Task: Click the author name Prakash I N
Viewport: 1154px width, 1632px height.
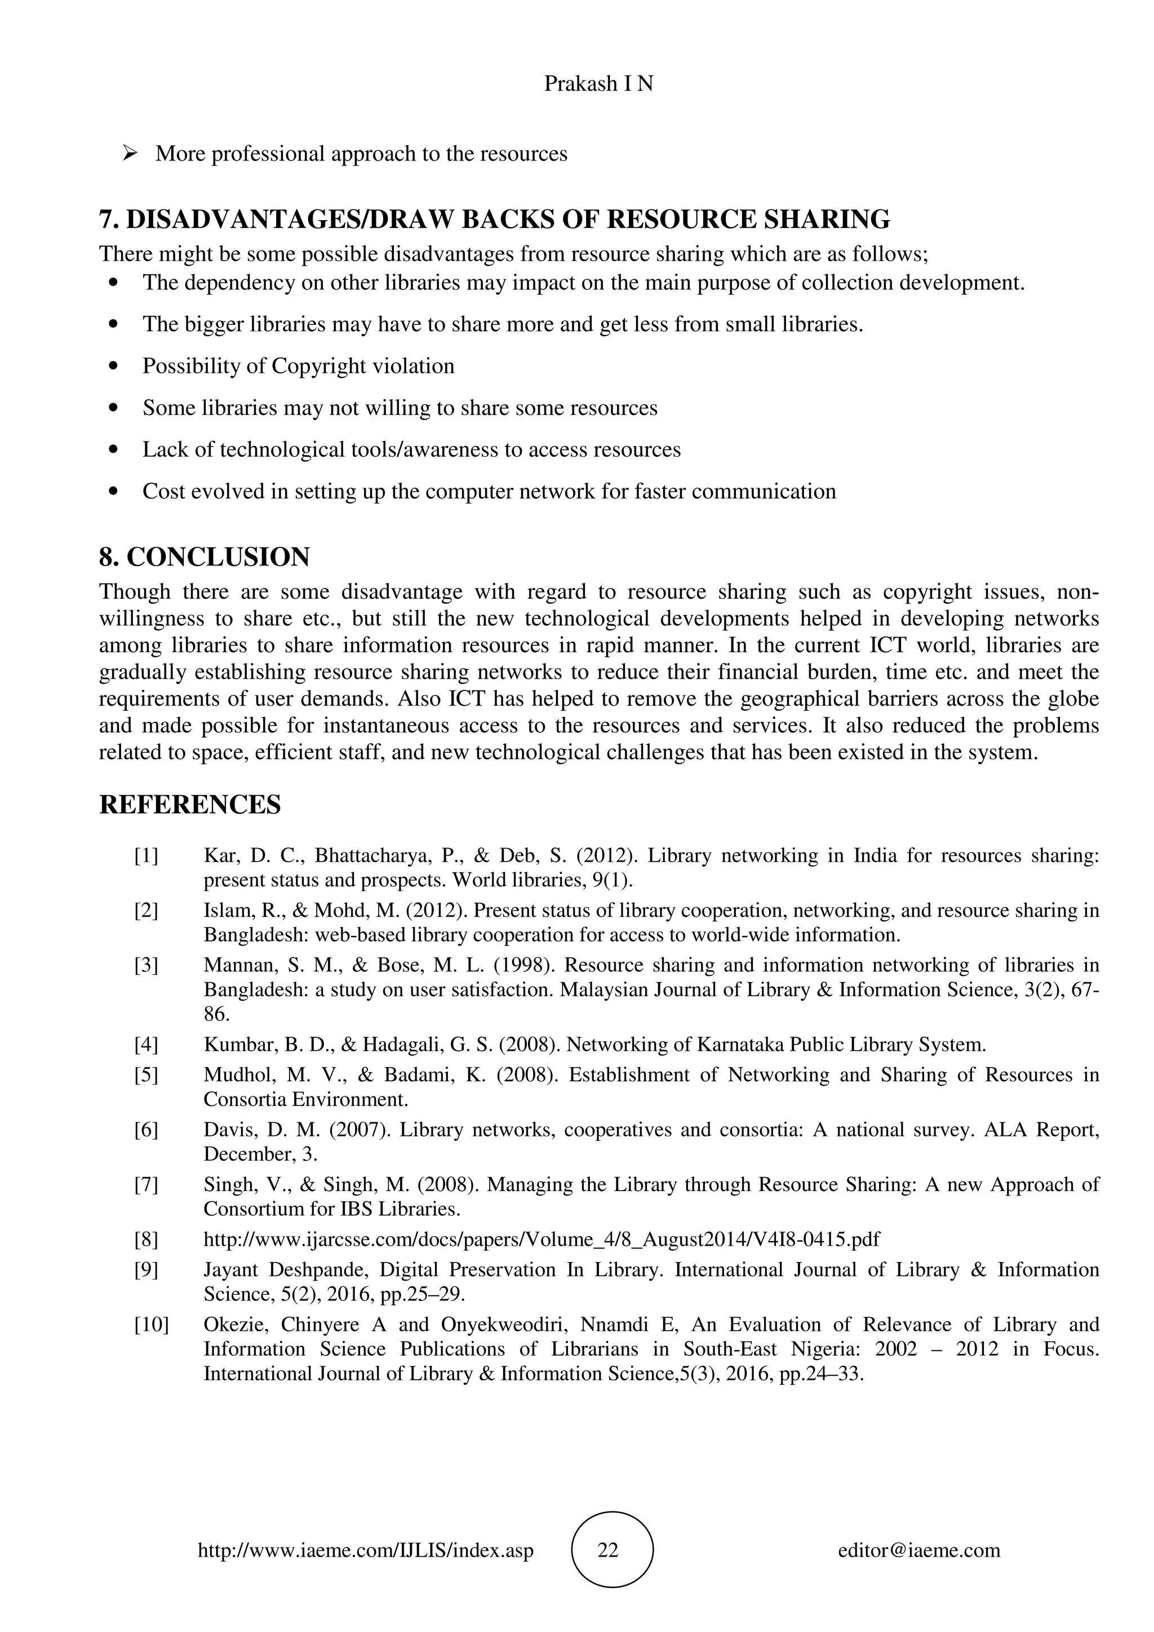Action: click(x=598, y=84)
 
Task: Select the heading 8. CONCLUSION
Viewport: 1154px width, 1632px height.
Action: click(x=204, y=556)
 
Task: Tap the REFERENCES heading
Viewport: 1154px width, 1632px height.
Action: click(x=190, y=805)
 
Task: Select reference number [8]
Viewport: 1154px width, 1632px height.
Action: click(x=146, y=1239)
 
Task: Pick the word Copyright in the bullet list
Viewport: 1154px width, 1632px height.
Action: click(x=318, y=366)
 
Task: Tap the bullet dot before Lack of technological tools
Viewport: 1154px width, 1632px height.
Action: click(x=114, y=450)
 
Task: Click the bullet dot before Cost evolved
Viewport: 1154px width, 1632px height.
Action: click(x=114, y=492)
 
